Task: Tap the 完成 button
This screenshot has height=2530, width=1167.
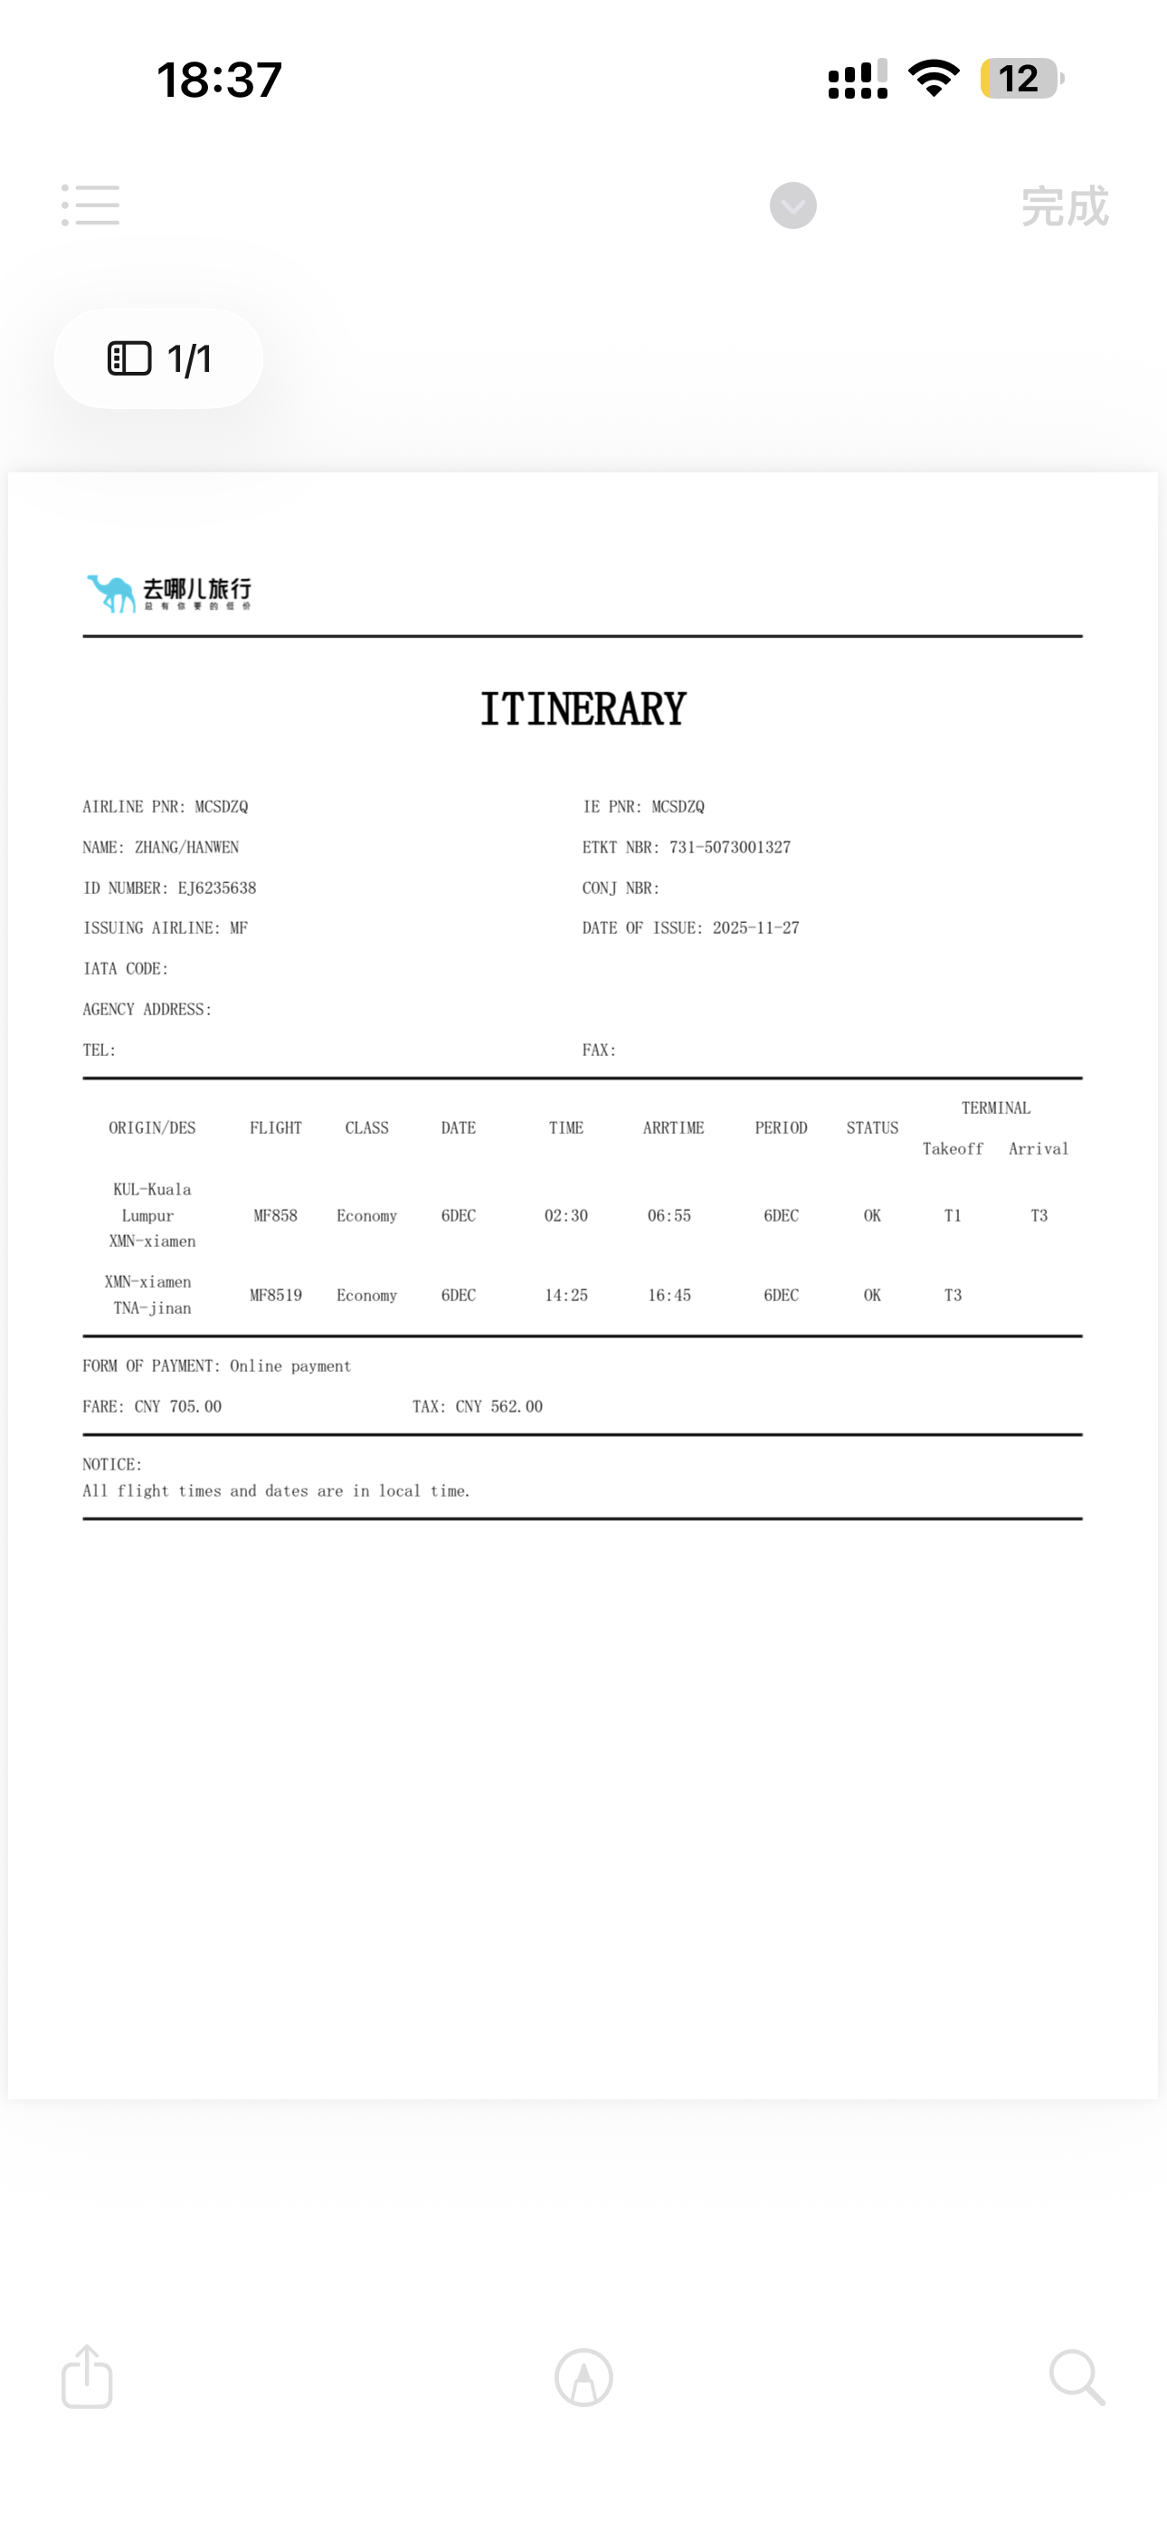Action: coord(1064,206)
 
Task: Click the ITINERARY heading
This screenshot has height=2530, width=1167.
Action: coord(583,709)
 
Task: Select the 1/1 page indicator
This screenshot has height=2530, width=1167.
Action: coord(159,358)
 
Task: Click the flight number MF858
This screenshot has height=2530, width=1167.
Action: coord(275,1216)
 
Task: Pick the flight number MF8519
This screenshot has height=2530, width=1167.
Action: coord(275,1296)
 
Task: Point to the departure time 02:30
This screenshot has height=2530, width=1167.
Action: coord(565,1216)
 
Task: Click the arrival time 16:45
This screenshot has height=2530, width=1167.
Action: coord(669,1296)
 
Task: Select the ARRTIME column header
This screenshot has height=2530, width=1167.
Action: coord(673,1128)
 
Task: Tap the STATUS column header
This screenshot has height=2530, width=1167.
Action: coord(872,1128)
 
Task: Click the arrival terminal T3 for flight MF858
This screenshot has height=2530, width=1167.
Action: coord(1039,1216)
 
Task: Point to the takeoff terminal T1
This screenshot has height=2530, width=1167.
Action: coord(952,1216)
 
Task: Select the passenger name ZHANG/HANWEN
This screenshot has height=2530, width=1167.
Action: coord(186,848)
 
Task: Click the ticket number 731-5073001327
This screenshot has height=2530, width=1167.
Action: coord(730,848)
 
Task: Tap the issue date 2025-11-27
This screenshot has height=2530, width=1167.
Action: coord(755,928)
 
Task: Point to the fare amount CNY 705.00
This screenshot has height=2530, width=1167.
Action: coord(178,1406)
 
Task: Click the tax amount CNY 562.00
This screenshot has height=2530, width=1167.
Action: coord(498,1406)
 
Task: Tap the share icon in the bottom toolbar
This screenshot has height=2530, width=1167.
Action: coord(88,2377)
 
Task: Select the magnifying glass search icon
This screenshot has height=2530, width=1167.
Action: coord(1077,2377)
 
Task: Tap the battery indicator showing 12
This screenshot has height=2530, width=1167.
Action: coord(1020,79)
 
